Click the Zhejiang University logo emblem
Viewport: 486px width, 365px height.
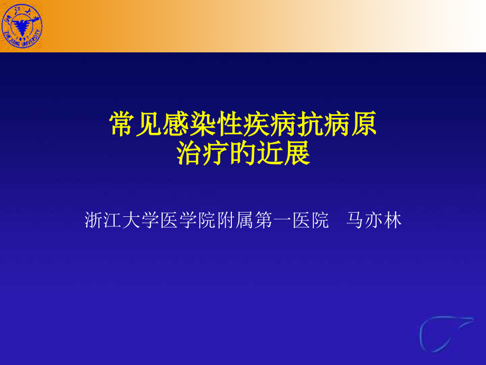tap(22, 25)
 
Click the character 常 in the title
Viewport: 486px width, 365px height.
tap(121, 125)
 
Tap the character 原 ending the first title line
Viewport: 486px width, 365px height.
tap(363, 125)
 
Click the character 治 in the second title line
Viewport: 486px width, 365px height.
tap(190, 153)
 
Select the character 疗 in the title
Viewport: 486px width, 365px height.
tap(217, 153)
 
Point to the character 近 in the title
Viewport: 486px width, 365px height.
tap(269, 153)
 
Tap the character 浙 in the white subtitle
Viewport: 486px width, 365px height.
tap(95, 220)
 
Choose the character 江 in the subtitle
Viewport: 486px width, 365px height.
tap(113, 220)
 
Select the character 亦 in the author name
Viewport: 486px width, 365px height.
tap(373, 220)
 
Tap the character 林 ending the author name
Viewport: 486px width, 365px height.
tap(392, 220)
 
